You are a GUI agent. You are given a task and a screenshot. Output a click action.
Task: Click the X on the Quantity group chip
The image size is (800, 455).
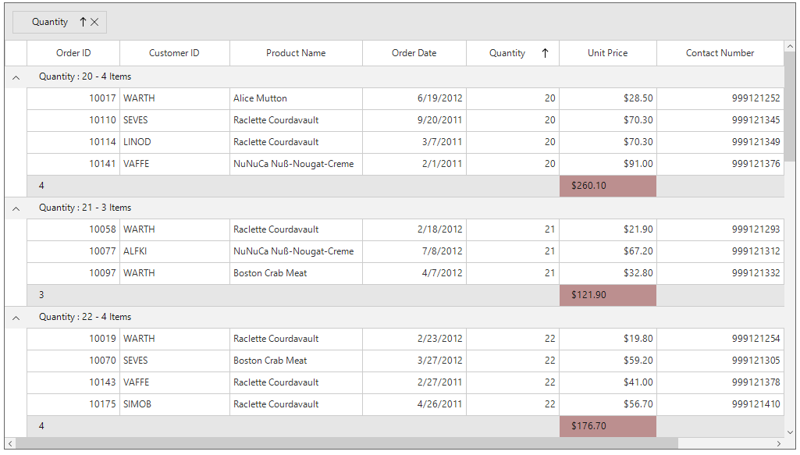click(x=94, y=23)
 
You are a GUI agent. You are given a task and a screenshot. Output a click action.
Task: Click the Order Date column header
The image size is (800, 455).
click(x=414, y=53)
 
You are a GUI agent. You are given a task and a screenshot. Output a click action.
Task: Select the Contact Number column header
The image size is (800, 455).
click(x=720, y=53)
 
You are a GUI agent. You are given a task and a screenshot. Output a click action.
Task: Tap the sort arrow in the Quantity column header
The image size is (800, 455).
click(x=545, y=53)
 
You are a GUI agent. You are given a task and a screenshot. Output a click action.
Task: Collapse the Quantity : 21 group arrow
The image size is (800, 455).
click(x=16, y=208)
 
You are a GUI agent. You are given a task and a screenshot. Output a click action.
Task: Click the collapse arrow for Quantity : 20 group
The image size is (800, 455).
click(x=16, y=77)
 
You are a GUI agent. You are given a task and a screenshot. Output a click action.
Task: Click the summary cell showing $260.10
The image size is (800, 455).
click(x=607, y=186)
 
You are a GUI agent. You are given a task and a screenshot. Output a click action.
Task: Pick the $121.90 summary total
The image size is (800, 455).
click(x=607, y=295)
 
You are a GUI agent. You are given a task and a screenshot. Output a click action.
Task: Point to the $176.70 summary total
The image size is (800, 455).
click(x=607, y=426)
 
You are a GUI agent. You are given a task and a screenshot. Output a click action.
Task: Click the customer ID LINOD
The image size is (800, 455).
click(x=137, y=142)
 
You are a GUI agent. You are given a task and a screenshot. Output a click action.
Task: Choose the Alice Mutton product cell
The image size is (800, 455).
click(x=260, y=98)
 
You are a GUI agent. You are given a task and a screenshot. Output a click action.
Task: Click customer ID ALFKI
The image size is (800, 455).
click(x=135, y=251)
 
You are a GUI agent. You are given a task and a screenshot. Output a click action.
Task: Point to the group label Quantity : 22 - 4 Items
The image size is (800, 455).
click(x=85, y=317)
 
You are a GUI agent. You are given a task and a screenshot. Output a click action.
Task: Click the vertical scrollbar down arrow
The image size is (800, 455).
click(x=789, y=432)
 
